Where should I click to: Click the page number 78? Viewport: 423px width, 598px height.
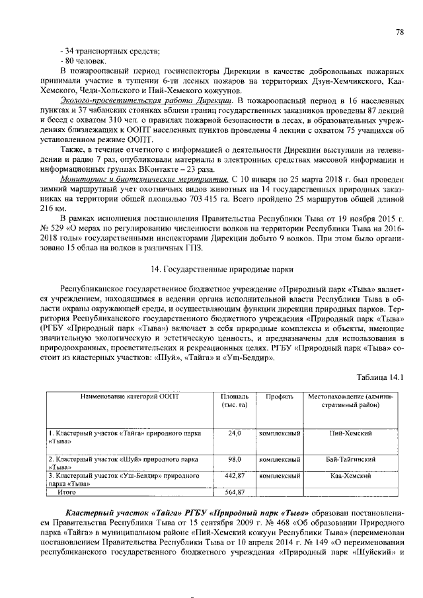pyautogui.click(x=399, y=32)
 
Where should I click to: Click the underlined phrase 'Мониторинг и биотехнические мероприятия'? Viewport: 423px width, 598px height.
pyautogui.click(x=145, y=179)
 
